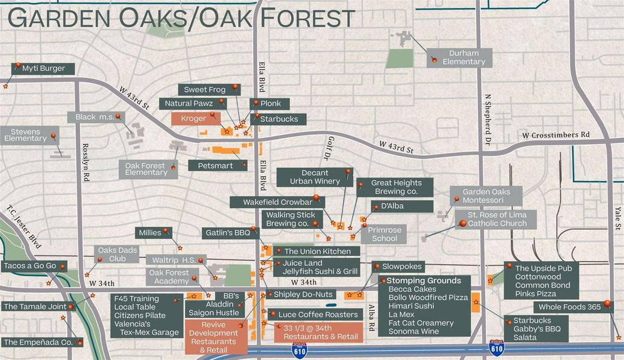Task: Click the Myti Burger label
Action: [43, 68]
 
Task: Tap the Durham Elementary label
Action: [463, 58]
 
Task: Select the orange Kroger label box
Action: [194, 119]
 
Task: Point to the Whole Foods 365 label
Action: [569, 307]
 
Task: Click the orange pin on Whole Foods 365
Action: [607, 304]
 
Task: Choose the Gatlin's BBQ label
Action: [226, 232]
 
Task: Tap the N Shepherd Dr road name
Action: [488, 120]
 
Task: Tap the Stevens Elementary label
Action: [25, 134]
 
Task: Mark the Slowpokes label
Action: [403, 266]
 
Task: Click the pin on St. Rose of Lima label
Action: [462, 224]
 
